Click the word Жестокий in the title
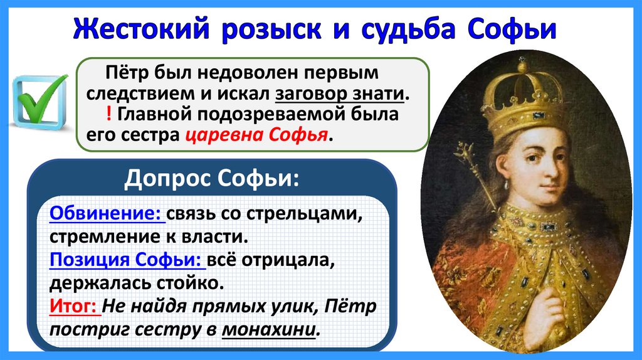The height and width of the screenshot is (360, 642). click(x=141, y=29)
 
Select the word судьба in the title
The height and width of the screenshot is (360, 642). click(x=408, y=29)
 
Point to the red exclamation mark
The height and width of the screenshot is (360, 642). click(x=108, y=114)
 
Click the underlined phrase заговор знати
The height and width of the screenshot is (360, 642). click(x=340, y=94)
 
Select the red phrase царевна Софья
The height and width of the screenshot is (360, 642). click(x=256, y=135)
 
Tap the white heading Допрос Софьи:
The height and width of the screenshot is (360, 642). click(x=212, y=178)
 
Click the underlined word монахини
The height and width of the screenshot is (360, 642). click(x=269, y=329)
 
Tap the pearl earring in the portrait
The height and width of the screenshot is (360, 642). click(x=507, y=184)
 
